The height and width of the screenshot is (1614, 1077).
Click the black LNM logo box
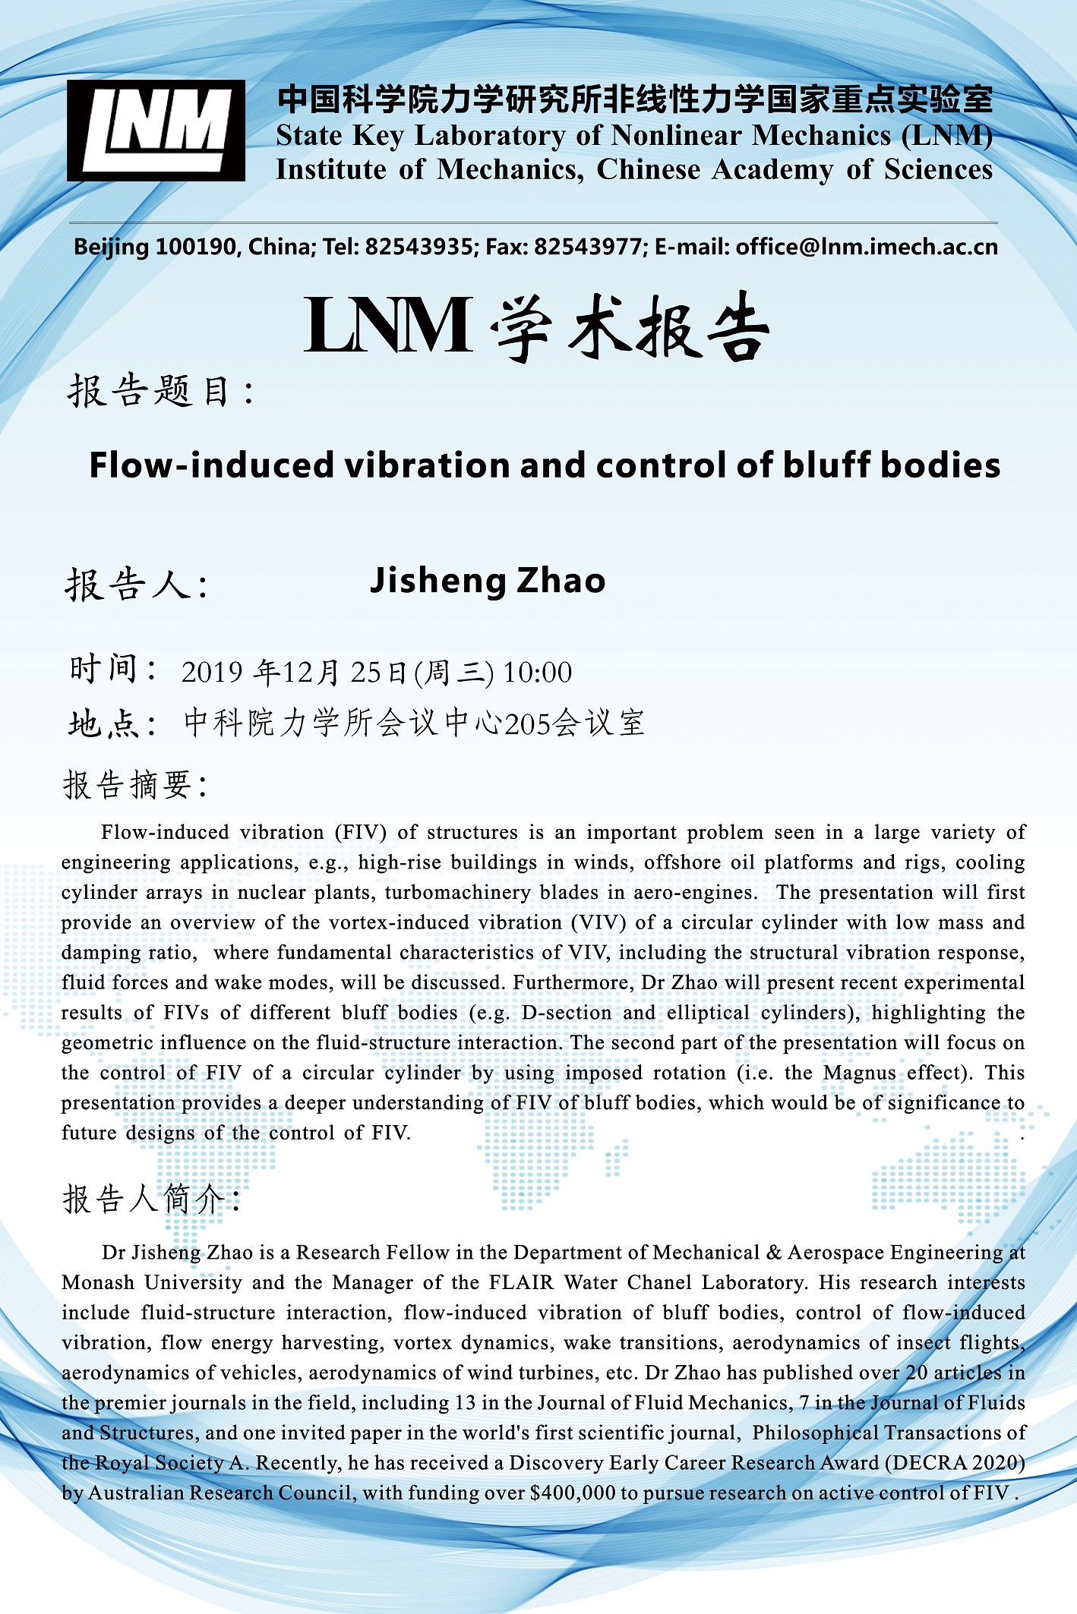(156, 131)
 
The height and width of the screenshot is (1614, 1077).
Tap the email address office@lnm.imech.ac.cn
(866, 247)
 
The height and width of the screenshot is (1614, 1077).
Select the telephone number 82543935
(418, 247)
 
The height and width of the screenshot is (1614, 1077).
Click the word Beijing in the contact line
(111, 247)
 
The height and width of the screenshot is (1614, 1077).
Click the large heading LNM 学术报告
(536, 326)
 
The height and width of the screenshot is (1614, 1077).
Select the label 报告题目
(159, 392)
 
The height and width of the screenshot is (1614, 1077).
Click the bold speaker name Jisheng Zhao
(487, 581)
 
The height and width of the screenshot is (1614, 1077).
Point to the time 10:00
(538, 673)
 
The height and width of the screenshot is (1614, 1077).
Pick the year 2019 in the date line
(212, 673)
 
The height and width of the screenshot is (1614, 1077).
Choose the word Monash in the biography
(98, 1282)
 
